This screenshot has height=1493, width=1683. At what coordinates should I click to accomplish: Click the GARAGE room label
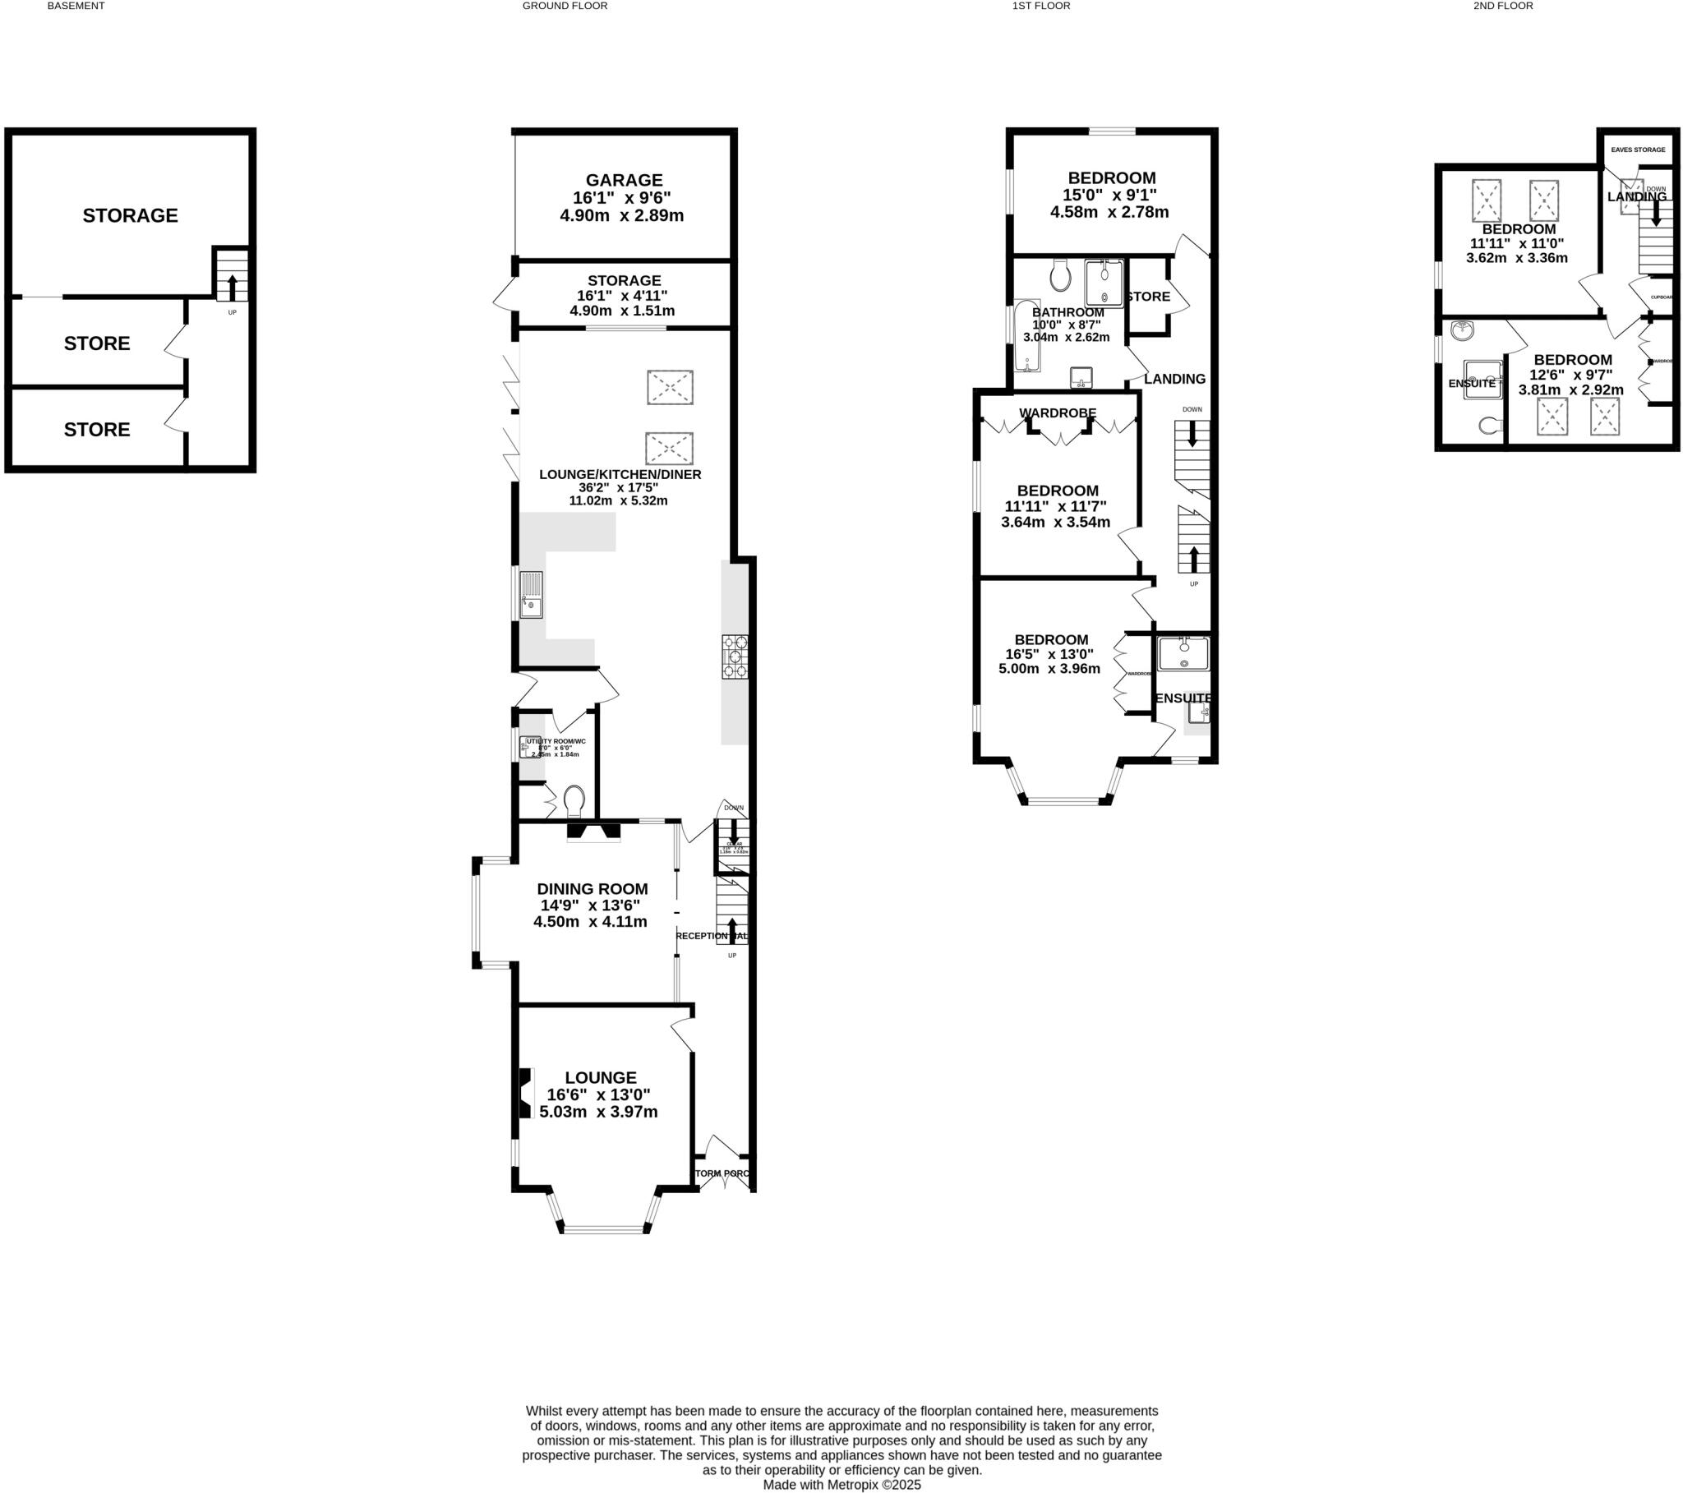coord(623,180)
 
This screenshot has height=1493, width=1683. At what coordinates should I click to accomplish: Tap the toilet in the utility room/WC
coord(574,799)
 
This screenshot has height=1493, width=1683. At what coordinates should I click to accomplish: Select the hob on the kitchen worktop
coord(735,657)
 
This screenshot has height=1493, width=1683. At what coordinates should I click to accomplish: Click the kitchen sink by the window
coord(531,595)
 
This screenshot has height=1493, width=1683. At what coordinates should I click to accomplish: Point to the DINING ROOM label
coord(592,889)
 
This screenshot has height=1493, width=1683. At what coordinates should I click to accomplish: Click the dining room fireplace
coord(593,832)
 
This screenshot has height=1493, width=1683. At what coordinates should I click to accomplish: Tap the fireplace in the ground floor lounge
coord(524,1094)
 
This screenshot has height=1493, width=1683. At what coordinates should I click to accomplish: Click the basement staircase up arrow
coord(233,287)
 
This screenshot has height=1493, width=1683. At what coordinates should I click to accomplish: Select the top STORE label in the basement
coord(97,343)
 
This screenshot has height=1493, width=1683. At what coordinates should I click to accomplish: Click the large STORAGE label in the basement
coord(130,216)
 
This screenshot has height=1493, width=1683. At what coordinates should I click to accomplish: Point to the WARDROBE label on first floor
coord(1058,412)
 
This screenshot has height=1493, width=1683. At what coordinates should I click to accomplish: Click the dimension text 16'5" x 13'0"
coord(1049,654)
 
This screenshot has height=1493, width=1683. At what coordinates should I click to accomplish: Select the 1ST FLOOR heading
coord(1040,6)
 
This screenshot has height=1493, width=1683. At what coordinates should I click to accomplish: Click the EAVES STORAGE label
coord(1638,150)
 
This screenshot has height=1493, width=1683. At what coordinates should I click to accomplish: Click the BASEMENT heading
coord(76,6)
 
